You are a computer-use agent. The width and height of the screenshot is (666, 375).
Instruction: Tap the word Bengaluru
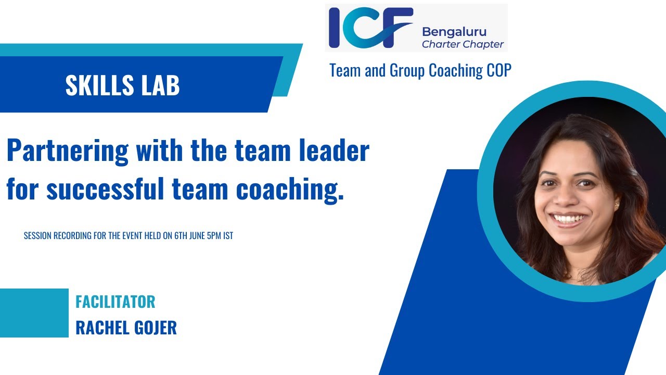point(454,32)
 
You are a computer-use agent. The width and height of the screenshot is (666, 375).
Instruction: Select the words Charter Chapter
point(463,44)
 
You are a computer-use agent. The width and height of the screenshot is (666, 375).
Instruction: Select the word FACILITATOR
point(115,302)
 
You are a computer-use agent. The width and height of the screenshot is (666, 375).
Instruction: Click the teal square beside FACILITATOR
point(34,313)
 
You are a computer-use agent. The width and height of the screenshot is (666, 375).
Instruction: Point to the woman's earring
point(617,206)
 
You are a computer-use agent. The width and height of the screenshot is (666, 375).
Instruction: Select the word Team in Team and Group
point(345,71)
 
